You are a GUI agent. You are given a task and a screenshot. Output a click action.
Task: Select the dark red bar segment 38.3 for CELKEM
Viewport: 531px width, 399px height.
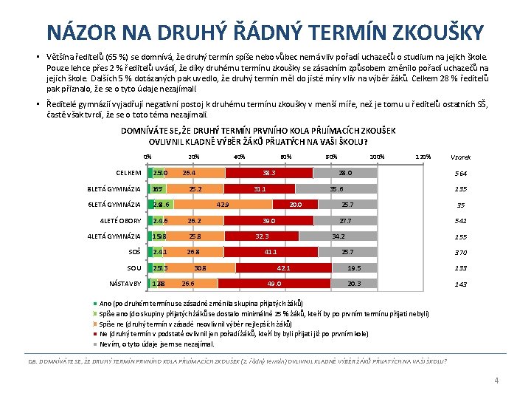tap(269, 173)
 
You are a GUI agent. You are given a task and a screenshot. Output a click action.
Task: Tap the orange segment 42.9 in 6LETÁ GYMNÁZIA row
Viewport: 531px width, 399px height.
tap(223, 204)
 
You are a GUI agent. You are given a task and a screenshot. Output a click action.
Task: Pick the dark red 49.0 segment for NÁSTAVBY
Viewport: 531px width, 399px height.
tap(275, 283)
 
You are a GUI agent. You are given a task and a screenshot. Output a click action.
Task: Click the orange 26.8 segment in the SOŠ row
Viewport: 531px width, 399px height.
tap(193, 252)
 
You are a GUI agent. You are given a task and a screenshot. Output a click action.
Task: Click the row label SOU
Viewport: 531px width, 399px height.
tap(133, 267)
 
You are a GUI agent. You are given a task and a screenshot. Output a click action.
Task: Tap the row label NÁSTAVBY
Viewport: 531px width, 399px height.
tap(125, 283)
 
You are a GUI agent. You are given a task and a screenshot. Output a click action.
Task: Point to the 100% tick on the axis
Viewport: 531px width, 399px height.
tap(377, 157)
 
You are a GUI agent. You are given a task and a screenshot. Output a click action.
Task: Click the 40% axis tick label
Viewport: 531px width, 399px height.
tap(239, 157)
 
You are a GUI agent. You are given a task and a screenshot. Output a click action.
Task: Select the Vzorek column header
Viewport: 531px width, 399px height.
tap(461, 157)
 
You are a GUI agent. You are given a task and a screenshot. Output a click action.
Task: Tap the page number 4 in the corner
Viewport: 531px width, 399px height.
tap(496, 381)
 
